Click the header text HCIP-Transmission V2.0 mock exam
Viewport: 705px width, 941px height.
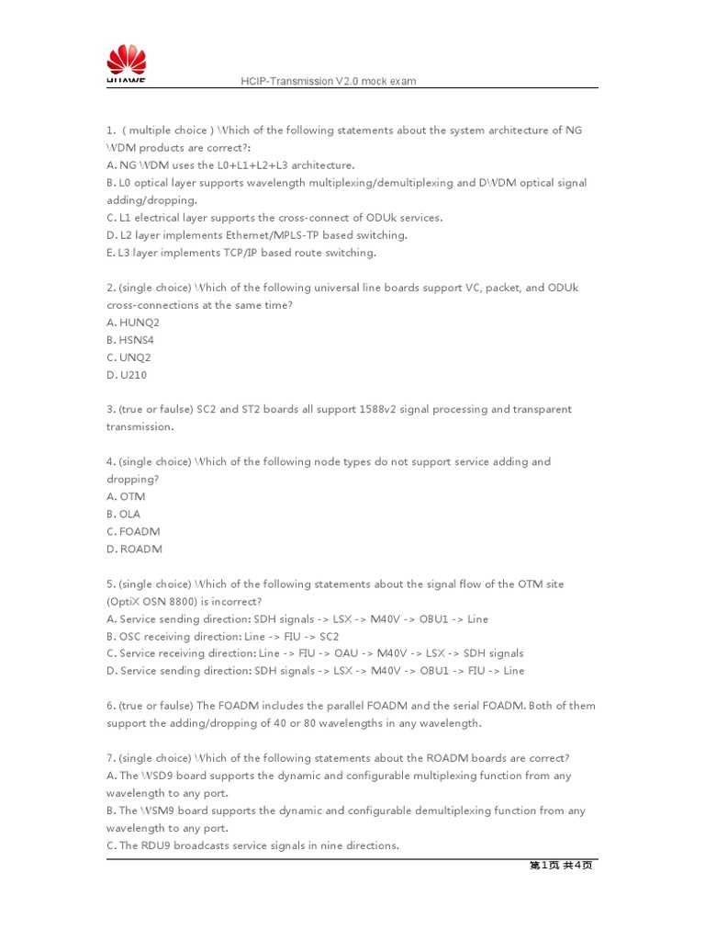point(328,81)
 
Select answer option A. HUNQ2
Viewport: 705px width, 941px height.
point(127,323)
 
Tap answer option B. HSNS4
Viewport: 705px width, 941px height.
point(126,340)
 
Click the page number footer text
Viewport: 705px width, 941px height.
point(560,865)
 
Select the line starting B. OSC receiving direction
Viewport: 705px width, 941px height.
point(222,636)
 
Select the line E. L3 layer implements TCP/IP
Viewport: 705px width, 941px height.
point(241,253)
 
